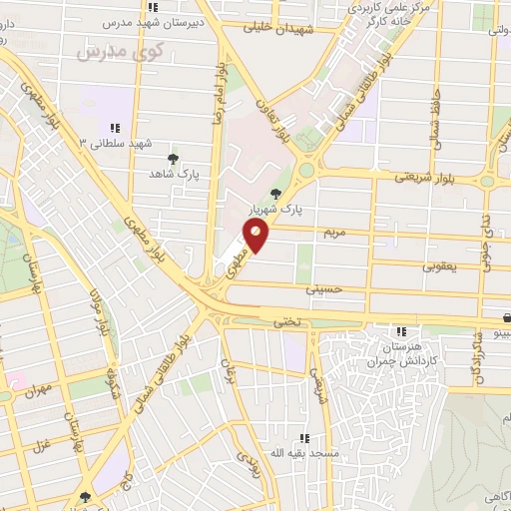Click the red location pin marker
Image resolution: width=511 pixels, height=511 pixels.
[257, 237]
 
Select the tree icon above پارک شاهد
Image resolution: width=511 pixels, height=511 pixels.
[174, 159]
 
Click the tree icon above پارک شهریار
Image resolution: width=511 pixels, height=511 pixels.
[275, 195]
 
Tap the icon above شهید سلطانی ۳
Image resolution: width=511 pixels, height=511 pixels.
[115, 128]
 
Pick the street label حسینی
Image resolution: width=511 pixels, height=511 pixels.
[328, 290]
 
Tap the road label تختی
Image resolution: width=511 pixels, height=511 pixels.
[286, 322]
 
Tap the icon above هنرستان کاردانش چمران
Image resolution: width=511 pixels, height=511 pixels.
[400, 331]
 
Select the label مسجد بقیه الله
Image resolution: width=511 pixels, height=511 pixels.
[294, 452]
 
